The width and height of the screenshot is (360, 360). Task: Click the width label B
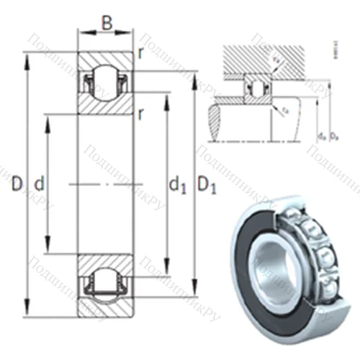tap(106, 23)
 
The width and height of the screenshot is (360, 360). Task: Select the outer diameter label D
tap(16, 185)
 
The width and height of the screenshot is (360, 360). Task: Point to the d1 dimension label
tap(178, 186)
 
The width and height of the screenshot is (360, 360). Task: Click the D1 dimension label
tap(208, 186)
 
